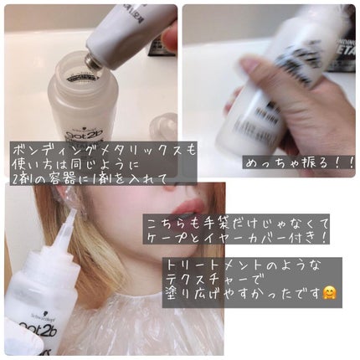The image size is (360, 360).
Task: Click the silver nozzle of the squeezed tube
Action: point(95,59)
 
